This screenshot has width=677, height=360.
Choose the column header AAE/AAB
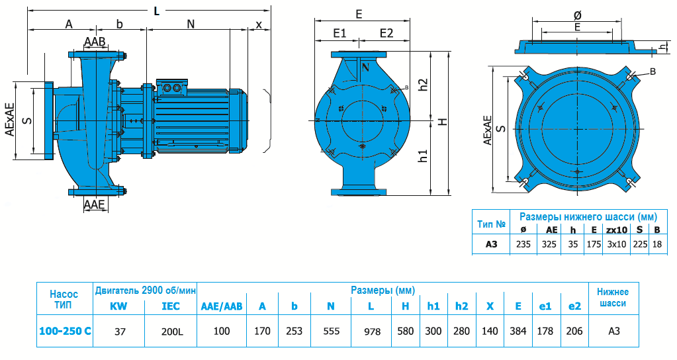click(x=222, y=306)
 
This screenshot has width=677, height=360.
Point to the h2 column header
click(x=461, y=306)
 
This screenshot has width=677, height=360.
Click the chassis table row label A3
click(x=491, y=244)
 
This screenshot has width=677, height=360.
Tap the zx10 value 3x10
click(x=616, y=244)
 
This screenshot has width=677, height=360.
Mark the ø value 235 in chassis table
click(x=523, y=244)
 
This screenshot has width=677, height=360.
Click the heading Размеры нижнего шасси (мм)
click(x=587, y=216)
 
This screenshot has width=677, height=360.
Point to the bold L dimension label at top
click(x=156, y=11)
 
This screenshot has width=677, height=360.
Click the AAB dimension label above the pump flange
click(x=95, y=42)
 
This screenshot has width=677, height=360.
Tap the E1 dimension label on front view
click(x=340, y=33)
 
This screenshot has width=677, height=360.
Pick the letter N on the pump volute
click(x=365, y=66)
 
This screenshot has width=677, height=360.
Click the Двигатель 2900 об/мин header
click(x=146, y=290)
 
